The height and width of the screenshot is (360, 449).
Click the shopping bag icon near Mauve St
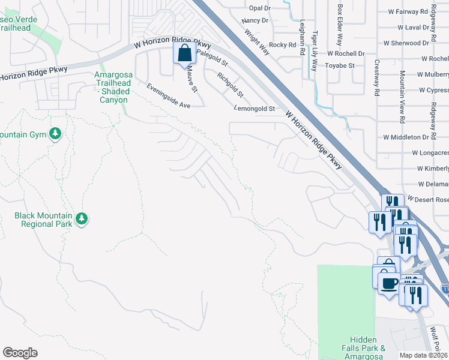click(x=184, y=53)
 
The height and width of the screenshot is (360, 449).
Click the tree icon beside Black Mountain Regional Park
click(x=81, y=220)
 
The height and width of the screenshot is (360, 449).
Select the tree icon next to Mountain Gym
click(x=55, y=133)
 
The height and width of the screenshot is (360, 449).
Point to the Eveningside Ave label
click(x=168, y=96)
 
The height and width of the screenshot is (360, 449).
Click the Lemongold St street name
click(x=254, y=109)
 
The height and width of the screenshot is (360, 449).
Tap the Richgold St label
click(x=231, y=85)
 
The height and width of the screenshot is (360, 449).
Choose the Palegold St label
click(x=212, y=59)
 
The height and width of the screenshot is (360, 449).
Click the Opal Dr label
click(x=260, y=8)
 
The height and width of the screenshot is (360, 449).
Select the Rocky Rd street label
click(x=283, y=44)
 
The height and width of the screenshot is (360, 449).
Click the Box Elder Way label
click(x=340, y=25)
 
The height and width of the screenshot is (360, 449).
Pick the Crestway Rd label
click(x=377, y=78)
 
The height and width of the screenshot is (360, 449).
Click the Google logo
click(x=20, y=352)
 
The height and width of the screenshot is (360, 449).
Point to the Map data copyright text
click(x=423, y=355)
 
